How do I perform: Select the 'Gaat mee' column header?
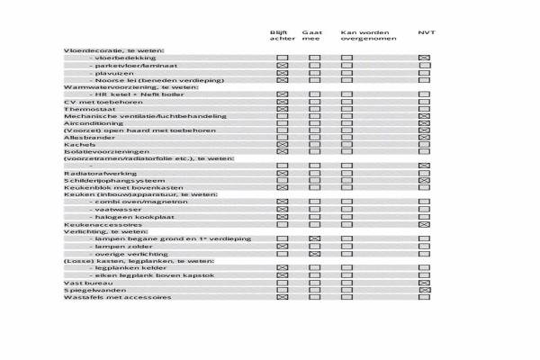coord(311,36)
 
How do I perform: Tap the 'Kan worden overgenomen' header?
coord(364,36)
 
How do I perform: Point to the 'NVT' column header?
coord(427,32)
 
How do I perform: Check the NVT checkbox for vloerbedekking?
coord(425,58)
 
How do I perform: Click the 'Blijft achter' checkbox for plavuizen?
coord(282,73)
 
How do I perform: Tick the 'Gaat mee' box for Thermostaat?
coord(314,109)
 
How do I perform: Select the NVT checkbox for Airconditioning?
coord(425,123)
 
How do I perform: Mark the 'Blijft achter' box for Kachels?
coord(282,145)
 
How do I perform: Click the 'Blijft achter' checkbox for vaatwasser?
coord(282,210)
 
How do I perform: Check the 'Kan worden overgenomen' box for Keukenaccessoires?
coord(346,224)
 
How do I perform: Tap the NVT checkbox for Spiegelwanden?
coord(425,289)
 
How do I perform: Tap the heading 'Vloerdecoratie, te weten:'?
coord(113,50)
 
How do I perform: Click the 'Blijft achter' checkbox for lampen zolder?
coord(282,246)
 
